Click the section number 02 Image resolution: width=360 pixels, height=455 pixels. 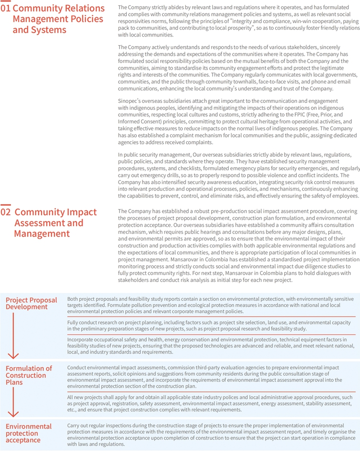[6, 212]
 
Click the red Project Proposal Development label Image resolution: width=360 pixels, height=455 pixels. [31, 303]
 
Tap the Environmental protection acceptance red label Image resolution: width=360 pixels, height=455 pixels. [28, 433]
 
